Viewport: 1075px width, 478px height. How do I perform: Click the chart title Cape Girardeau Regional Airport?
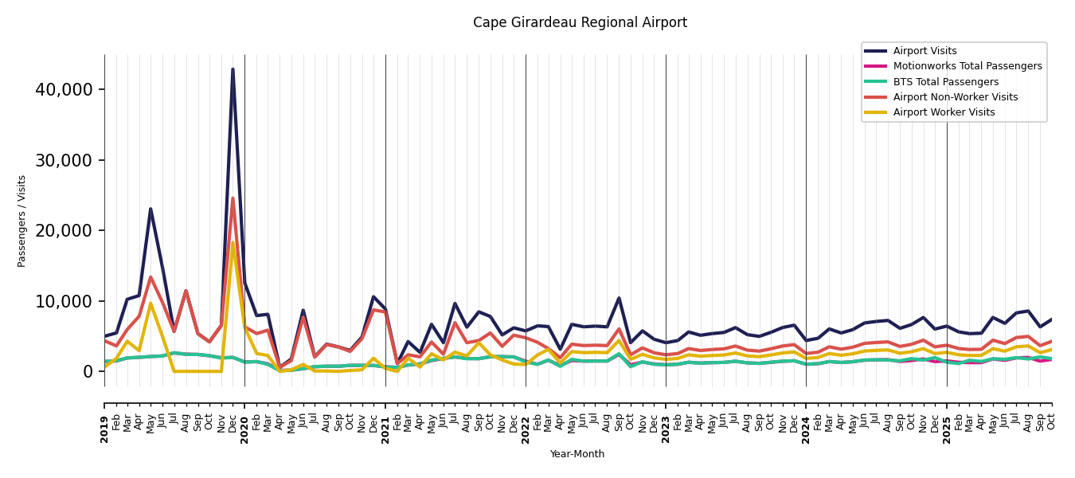580,22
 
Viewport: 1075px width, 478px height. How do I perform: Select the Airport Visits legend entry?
924,51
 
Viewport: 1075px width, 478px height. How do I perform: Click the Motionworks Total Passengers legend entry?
967,66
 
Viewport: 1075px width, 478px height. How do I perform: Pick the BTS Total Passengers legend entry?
945,82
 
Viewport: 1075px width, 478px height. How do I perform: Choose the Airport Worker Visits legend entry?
944,112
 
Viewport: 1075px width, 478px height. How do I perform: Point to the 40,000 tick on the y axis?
64,89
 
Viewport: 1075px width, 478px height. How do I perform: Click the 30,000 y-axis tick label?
64,160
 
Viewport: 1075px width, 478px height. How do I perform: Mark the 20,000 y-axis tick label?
64,230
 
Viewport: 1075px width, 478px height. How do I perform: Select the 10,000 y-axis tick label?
64,301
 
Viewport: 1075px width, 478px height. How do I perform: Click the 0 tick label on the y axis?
88,371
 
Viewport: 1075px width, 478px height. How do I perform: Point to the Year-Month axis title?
577,454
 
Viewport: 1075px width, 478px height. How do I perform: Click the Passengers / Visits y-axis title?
22,221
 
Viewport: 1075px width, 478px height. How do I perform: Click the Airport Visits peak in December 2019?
233,69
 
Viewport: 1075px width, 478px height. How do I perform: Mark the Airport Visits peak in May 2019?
150,209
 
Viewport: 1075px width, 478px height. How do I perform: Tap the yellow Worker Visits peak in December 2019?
233,242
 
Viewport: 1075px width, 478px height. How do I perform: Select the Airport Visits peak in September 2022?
619,298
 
